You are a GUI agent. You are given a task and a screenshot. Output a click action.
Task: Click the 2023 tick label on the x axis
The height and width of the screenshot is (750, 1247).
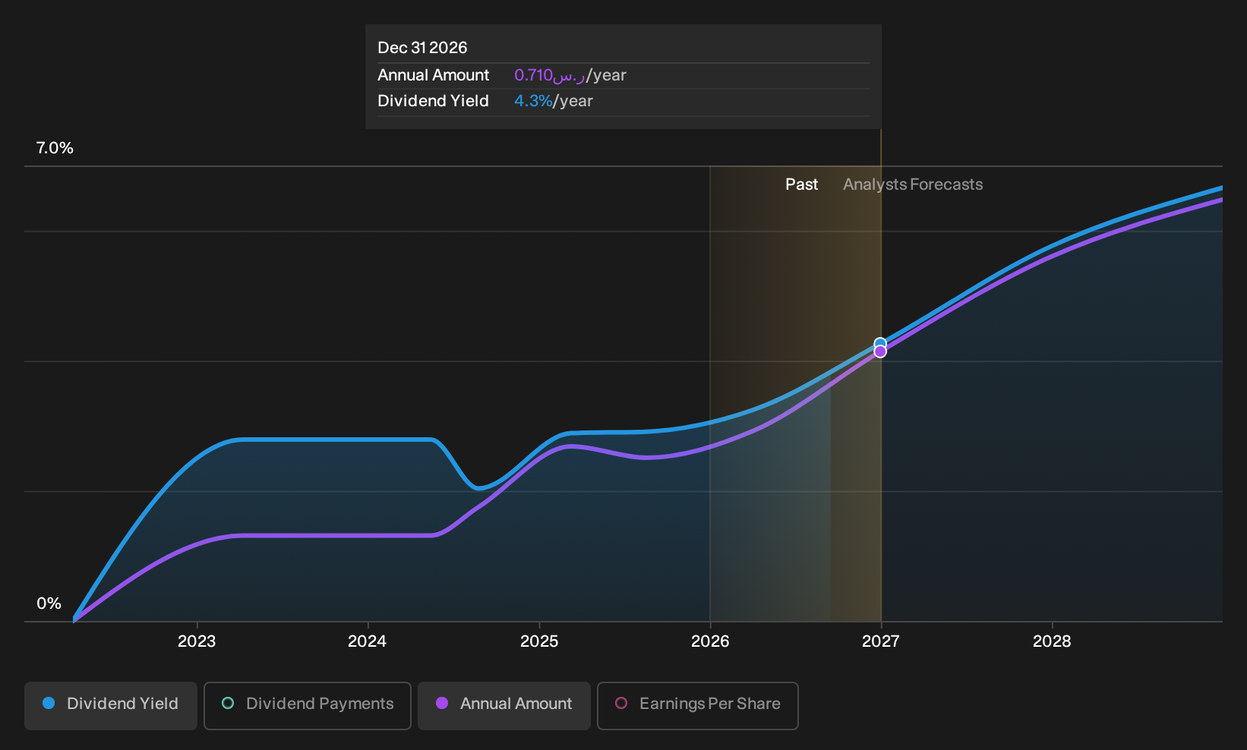(x=197, y=641)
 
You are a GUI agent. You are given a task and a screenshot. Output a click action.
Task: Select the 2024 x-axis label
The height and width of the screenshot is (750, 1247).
(x=368, y=641)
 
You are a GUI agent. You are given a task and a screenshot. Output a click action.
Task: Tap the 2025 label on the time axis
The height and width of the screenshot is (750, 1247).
(x=539, y=641)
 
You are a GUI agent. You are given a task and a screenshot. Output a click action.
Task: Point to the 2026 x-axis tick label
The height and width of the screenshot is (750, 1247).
(x=710, y=641)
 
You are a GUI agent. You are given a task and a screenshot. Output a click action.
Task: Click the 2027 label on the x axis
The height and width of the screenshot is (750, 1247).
(x=881, y=641)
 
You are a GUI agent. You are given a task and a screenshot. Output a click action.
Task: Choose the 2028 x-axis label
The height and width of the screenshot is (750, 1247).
(x=1052, y=641)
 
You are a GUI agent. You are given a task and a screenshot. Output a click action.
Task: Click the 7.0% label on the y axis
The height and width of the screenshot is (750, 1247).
(x=55, y=148)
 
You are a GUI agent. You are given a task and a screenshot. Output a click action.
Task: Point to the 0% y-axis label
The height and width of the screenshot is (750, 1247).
(x=49, y=603)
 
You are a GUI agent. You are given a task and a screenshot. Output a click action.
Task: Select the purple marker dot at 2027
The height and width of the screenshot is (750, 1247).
(x=880, y=351)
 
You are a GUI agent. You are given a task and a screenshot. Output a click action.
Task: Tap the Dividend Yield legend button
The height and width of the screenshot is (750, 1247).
(x=111, y=705)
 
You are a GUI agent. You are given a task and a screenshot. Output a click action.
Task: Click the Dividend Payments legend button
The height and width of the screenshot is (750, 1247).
(x=308, y=705)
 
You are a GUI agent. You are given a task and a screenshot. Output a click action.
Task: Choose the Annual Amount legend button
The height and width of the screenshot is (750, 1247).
(x=504, y=705)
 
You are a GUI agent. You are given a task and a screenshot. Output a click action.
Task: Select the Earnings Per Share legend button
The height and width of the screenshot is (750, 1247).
(x=697, y=705)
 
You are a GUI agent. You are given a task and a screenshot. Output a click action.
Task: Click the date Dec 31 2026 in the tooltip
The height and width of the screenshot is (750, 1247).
(x=422, y=48)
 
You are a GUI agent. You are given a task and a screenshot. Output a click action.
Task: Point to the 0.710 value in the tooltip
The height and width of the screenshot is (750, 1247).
(x=533, y=75)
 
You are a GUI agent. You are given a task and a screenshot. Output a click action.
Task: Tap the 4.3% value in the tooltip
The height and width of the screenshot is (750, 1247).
(x=533, y=101)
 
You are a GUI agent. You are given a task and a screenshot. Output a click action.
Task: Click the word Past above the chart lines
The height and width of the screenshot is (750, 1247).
(x=802, y=184)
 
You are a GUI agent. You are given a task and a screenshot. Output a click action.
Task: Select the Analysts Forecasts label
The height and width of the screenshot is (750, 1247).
(x=913, y=184)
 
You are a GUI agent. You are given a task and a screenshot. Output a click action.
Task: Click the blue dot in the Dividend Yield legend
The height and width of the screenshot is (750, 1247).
(x=49, y=703)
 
